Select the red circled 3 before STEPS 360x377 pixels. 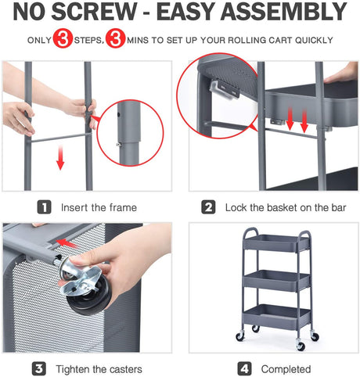tap(63, 39)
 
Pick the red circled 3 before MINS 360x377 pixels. tap(115, 39)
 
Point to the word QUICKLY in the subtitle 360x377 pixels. tap(311, 40)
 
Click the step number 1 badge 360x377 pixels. tap(45, 207)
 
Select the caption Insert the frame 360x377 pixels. tap(98, 207)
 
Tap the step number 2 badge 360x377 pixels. tap(209, 207)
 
